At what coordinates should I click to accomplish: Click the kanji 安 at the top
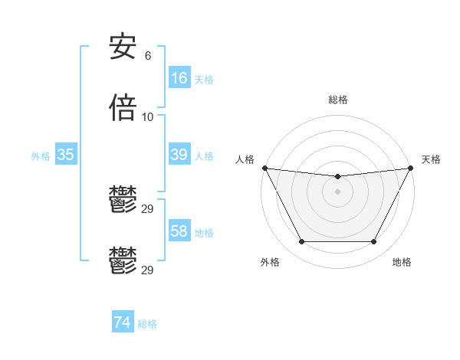[123, 48]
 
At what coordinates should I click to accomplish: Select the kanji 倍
[123, 108]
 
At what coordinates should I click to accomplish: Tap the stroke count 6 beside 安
[147, 56]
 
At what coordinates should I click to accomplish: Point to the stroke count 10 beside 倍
[148, 117]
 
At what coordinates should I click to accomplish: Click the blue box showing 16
[179, 78]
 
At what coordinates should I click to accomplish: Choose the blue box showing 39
[179, 155]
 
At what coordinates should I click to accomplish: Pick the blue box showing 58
[179, 231]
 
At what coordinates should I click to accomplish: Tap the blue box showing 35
[65, 155]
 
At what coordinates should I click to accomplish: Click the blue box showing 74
[122, 323]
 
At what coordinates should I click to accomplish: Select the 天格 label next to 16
[203, 80]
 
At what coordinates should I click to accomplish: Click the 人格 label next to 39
[203, 156]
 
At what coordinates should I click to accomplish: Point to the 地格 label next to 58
[203, 233]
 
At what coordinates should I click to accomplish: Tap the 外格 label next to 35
[41, 156]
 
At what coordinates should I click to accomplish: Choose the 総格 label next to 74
[147, 325]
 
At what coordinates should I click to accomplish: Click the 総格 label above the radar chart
[337, 100]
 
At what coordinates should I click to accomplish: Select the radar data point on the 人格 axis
[264, 168]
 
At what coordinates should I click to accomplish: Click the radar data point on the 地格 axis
[374, 242]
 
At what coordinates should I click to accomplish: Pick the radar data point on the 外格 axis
[301, 242]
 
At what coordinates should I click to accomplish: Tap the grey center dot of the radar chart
[337, 191]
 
